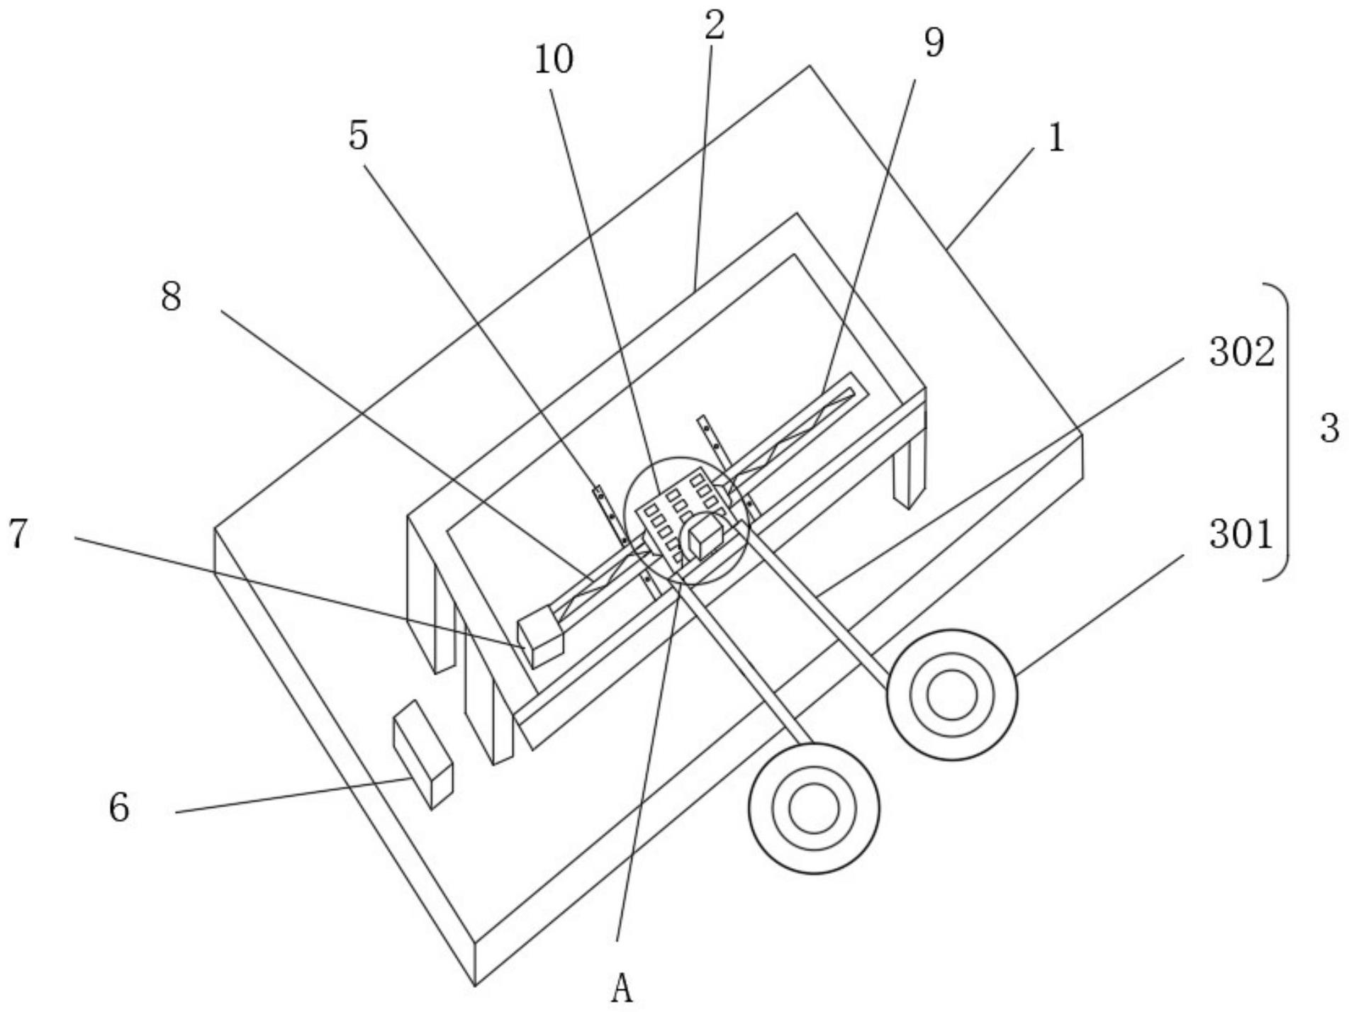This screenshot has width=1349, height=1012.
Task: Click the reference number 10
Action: point(554,60)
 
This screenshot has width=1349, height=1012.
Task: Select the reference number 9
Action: point(934,43)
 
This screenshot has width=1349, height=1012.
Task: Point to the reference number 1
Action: point(1056,138)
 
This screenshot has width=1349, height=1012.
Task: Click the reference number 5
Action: point(359,135)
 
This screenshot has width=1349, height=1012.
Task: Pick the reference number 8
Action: point(171,296)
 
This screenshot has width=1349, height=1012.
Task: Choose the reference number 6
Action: point(119,806)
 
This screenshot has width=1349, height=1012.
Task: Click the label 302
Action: point(1242,352)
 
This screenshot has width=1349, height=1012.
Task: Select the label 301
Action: point(1241,535)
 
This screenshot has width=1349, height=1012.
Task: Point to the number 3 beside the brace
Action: point(1330,429)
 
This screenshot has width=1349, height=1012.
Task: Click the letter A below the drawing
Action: point(622,989)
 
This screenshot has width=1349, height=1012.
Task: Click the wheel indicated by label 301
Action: point(951,695)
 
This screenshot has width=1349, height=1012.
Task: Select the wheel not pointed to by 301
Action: point(814,809)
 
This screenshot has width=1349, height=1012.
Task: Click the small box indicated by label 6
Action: point(422,754)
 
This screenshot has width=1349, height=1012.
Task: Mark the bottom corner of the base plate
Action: point(475,985)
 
